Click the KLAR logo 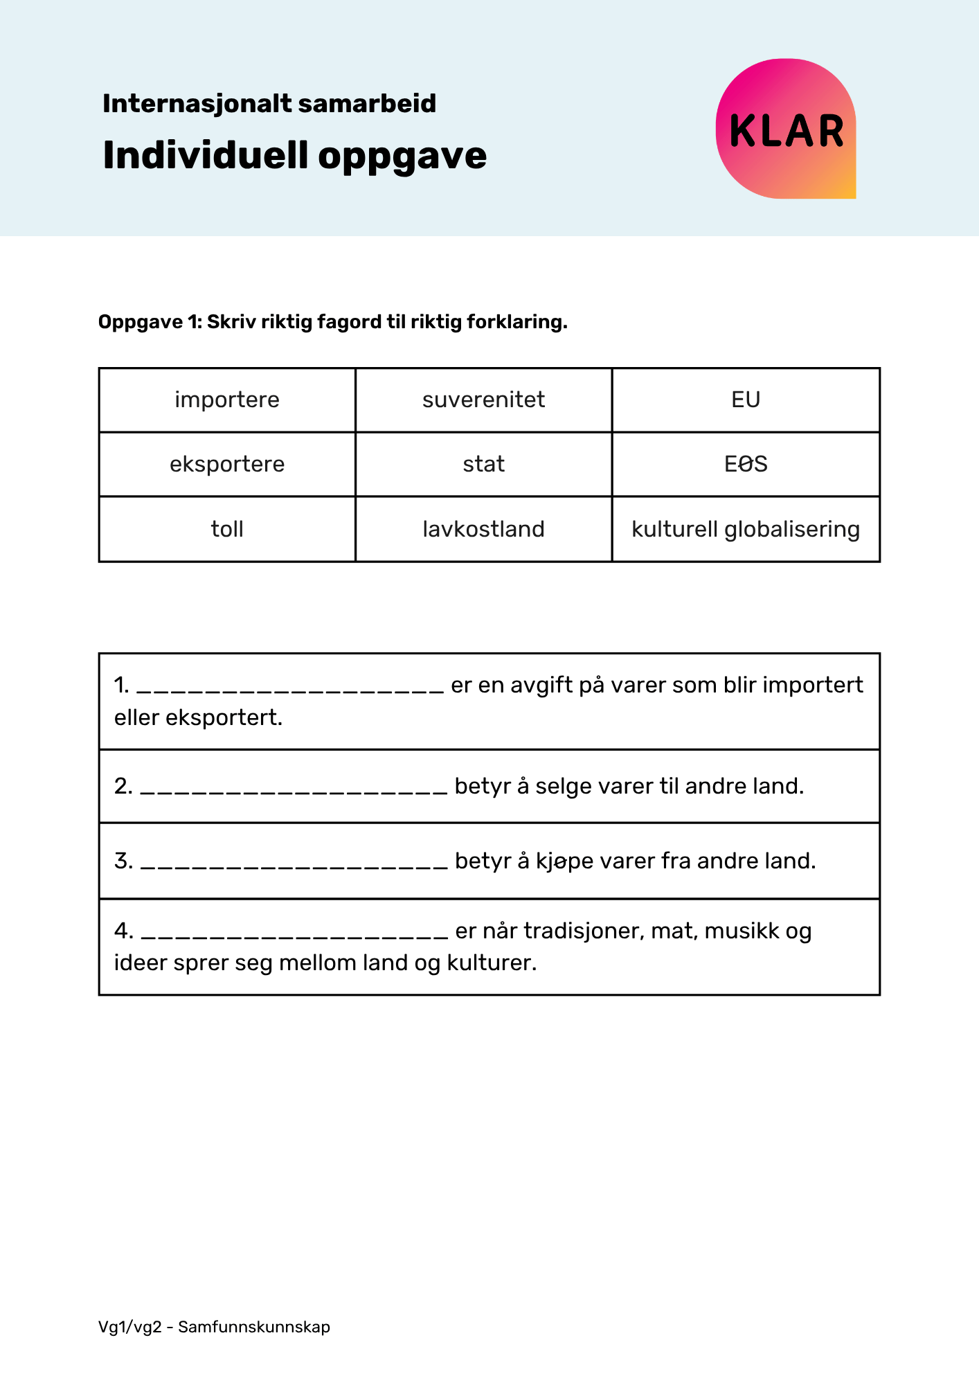(x=786, y=129)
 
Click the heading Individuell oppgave (x=294, y=155)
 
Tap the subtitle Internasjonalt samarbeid (x=269, y=104)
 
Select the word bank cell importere (x=227, y=400)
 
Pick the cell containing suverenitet (x=483, y=400)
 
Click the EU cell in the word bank (x=746, y=400)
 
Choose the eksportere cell (x=227, y=464)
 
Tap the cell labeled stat (x=483, y=464)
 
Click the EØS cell (x=746, y=464)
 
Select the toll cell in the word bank (x=227, y=529)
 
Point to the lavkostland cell (x=483, y=529)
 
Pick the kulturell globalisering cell (x=746, y=529)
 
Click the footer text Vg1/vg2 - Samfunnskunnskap (x=214, y=1327)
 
